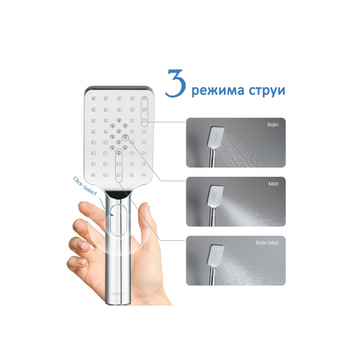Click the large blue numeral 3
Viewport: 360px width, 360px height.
[x=176, y=83]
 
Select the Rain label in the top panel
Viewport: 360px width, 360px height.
[x=273, y=124]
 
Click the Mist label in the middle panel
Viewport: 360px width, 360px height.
[x=274, y=184]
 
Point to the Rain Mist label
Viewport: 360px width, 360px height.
[x=267, y=243]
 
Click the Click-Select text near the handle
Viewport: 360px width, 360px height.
[x=84, y=186]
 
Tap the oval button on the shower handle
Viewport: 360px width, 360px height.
[x=118, y=220]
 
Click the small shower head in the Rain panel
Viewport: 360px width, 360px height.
[x=215, y=137]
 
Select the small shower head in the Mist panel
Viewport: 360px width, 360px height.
[x=215, y=196]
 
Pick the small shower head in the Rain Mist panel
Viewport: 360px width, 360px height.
[x=215, y=255]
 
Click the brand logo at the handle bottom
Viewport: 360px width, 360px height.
[x=118, y=293]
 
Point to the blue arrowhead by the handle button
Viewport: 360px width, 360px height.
[x=112, y=214]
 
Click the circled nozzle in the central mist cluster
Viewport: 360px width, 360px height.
[x=125, y=137]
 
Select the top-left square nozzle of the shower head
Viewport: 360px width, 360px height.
[x=94, y=99]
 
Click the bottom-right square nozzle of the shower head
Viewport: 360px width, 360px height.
[x=143, y=175]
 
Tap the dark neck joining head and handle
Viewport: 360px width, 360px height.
[x=118, y=194]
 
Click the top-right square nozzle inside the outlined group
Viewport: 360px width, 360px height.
[x=145, y=99]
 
